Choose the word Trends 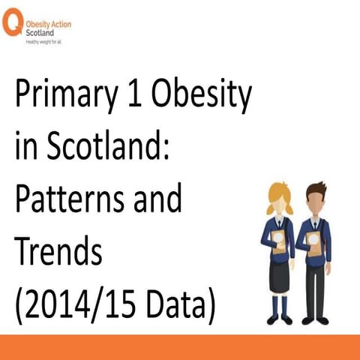click(58, 252)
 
